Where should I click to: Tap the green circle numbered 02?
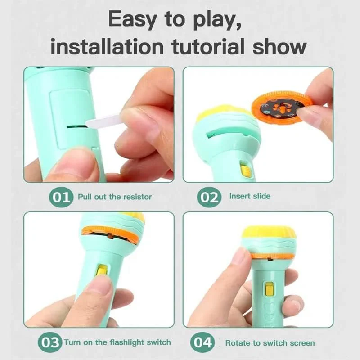pyautogui.click(x=208, y=197)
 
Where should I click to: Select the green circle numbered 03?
pyautogui.click(x=49, y=342)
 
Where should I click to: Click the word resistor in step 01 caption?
pyautogui.click(x=136, y=197)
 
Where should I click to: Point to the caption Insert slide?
pyautogui.click(x=250, y=196)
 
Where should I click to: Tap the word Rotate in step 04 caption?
pyautogui.click(x=237, y=342)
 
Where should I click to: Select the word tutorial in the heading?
pyautogui.click(x=214, y=46)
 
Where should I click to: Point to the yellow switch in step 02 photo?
pyautogui.click(x=245, y=170)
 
